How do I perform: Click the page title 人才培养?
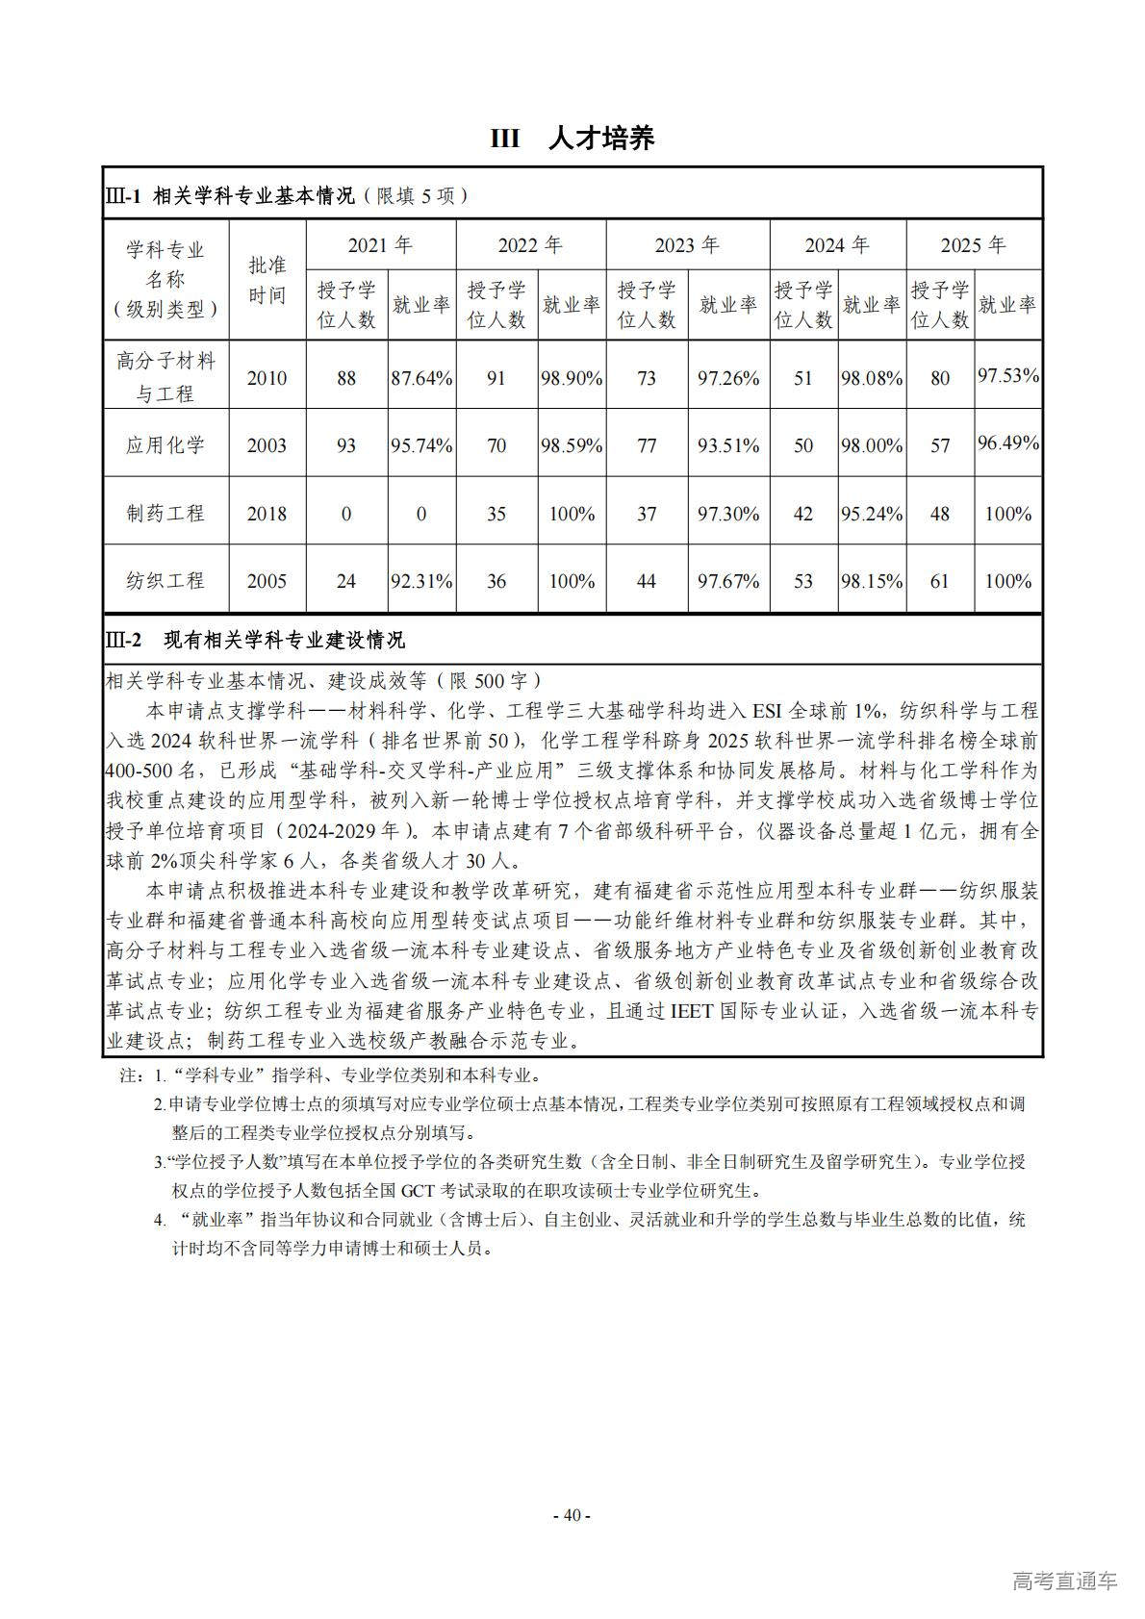[600, 139]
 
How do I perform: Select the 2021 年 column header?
[380, 245]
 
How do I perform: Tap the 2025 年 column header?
[973, 245]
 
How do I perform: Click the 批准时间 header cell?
[267, 280]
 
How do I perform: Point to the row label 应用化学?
[165, 445]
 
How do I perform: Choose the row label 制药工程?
[165, 514]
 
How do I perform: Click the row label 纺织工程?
[165, 581]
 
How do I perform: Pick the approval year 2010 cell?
[267, 378]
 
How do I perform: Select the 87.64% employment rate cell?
[420, 378]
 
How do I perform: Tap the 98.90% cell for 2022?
[572, 378]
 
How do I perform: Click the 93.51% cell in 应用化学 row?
[728, 445]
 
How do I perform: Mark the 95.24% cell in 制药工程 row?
[872, 514]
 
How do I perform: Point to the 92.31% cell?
[420, 581]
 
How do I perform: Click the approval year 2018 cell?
[267, 514]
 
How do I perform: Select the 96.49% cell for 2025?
[1008, 443]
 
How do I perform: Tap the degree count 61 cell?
[940, 581]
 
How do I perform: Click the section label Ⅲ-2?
[123, 640]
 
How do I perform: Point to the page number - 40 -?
[572, 1515]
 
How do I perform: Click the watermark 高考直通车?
[1064, 1581]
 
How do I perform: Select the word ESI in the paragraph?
[767, 711]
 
